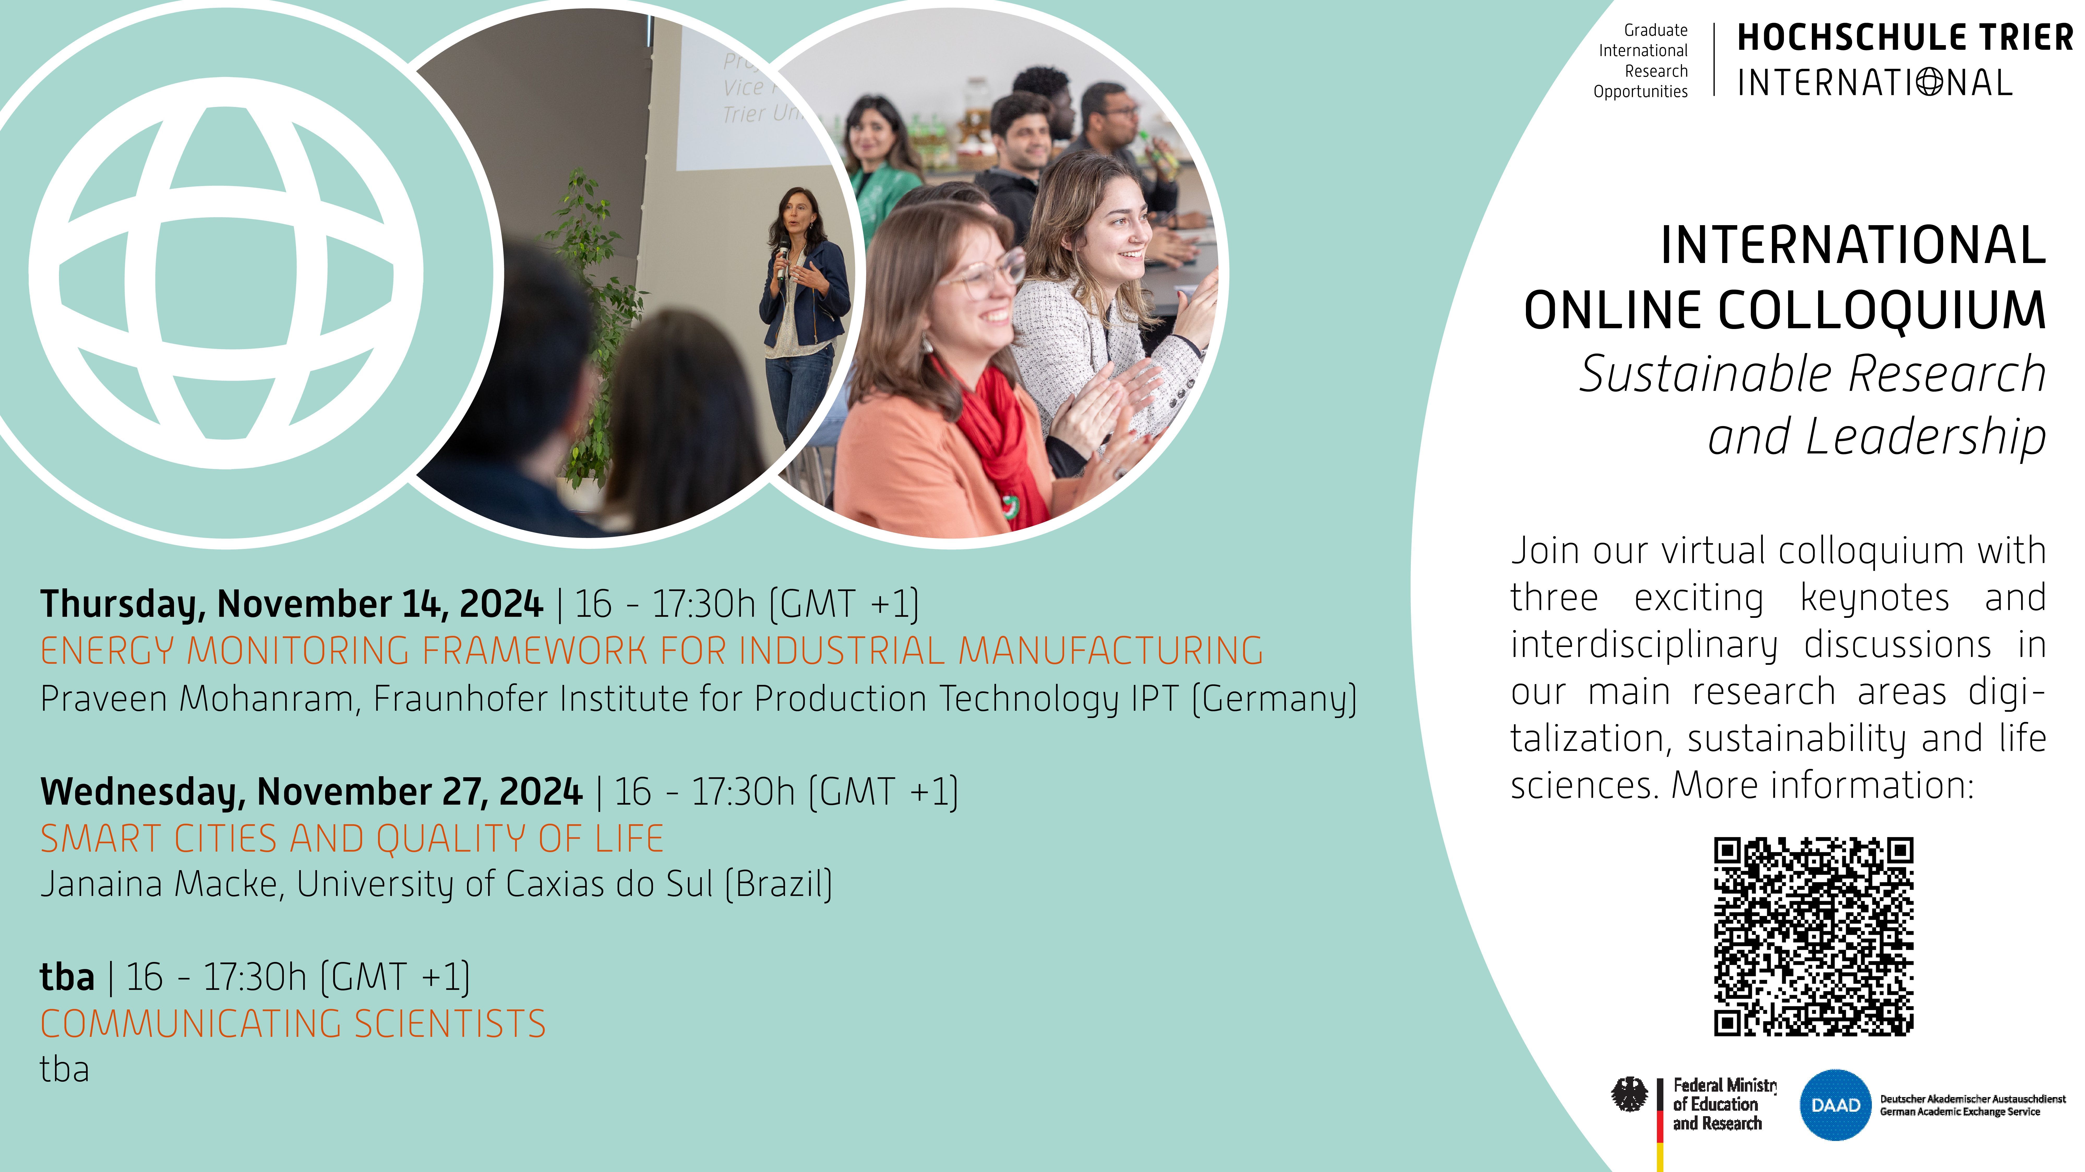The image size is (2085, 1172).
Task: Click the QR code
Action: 1813,936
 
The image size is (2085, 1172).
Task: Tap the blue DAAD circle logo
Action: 1835,1105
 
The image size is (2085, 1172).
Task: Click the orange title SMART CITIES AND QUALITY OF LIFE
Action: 352,839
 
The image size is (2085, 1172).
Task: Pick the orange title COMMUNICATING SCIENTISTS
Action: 293,1024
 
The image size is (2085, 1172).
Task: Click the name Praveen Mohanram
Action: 197,698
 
